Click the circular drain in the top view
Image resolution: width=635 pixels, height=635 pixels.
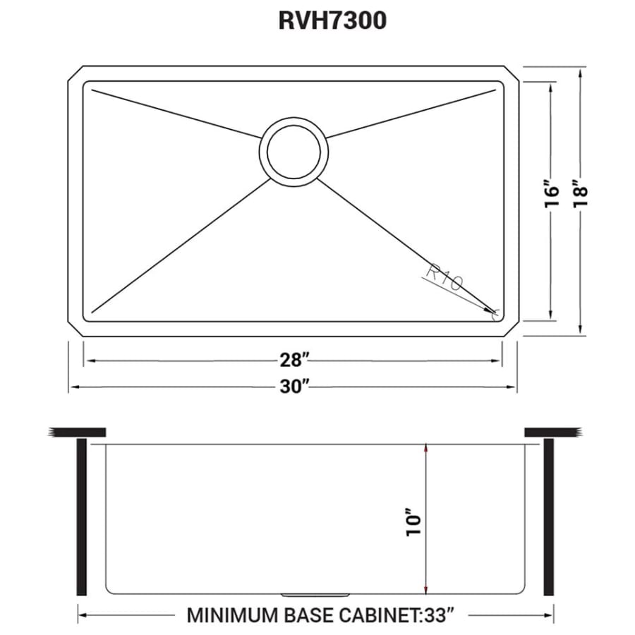tap(294, 150)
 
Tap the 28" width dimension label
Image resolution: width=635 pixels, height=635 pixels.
tap(294, 360)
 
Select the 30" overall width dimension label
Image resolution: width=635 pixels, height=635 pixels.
tap(294, 387)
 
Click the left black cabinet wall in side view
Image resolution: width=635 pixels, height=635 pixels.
tap(81, 517)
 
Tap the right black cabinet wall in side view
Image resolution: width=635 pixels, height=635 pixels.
tap(550, 517)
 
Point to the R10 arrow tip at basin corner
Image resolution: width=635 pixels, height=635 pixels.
tap(492, 310)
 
